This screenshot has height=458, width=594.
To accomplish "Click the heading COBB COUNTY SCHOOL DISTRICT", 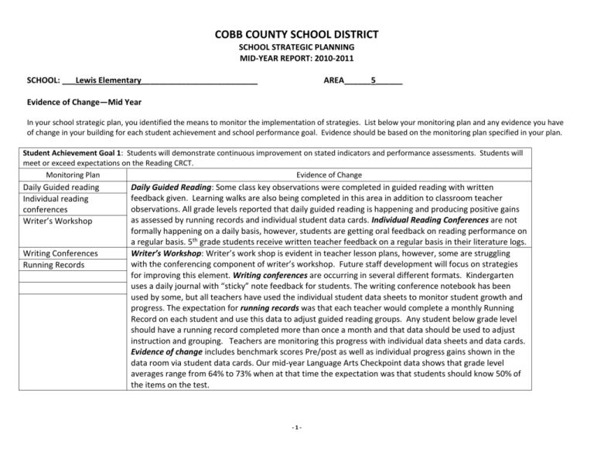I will click(x=297, y=34).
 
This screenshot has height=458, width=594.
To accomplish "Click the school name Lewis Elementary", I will click(x=108, y=80).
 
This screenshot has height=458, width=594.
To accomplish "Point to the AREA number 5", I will click(x=374, y=80).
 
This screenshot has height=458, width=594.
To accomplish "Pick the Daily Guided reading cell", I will click(x=60, y=187).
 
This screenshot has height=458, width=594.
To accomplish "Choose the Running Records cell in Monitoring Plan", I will click(x=56, y=266).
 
